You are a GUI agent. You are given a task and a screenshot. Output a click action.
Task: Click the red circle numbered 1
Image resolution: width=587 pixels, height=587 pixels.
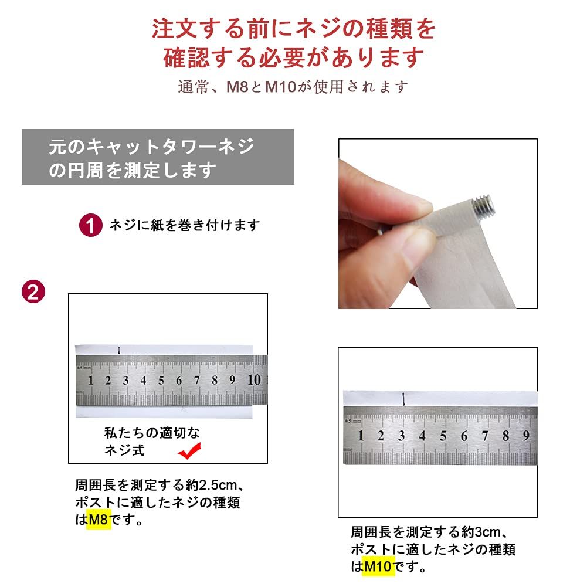[x=90, y=225]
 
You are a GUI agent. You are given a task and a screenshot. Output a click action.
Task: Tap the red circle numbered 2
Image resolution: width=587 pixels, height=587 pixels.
[x=33, y=291]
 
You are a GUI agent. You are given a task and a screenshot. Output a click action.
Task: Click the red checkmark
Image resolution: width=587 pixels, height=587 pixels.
[x=190, y=450]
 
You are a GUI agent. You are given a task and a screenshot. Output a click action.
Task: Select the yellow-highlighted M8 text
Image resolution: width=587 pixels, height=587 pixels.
[x=99, y=519]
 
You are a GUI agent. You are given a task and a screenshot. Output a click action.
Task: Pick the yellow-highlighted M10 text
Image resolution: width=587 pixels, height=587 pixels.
[x=378, y=566]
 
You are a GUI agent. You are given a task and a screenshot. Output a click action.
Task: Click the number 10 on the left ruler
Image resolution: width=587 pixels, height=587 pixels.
[x=254, y=379]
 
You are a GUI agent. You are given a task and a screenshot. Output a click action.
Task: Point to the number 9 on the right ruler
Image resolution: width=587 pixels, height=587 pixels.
[x=526, y=435]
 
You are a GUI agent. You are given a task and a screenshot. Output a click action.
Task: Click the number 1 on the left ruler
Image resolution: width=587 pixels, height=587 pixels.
[x=90, y=381]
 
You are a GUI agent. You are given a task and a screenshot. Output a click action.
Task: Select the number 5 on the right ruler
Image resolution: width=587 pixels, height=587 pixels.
[x=443, y=436]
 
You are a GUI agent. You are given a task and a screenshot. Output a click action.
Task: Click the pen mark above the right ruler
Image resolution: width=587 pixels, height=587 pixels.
[x=403, y=399]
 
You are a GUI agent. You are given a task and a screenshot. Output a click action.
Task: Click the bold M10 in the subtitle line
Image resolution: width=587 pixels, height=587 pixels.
[x=280, y=87]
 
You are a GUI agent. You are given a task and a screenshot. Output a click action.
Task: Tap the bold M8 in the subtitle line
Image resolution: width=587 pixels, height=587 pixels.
[x=237, y=87]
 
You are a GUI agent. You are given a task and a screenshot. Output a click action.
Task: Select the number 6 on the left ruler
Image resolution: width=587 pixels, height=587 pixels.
[x=179, y=381]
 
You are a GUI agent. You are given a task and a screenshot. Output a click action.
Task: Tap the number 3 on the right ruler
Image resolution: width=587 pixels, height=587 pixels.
[x=401, y=436]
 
